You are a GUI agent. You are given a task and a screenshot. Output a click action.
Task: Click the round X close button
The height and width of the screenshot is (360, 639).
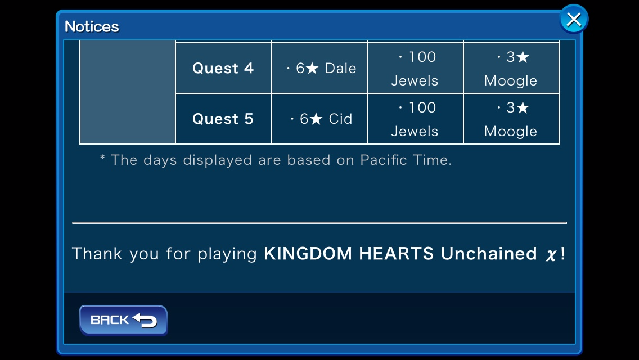tap(574, 19)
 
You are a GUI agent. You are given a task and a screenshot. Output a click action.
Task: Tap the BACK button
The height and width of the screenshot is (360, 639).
tap(124, 320)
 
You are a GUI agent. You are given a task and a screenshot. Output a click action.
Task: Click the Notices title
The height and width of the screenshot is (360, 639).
tap(92, 27)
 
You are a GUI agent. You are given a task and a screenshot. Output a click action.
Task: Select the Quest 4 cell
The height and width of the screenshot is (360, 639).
tap(223, 68)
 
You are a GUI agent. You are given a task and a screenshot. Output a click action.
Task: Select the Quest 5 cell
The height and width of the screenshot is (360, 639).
tap(223, 119)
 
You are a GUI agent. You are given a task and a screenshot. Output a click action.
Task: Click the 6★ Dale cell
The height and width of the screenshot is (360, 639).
tap(319, 68)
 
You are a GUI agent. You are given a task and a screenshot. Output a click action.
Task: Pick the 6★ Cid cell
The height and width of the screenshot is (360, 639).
tap(319, 119)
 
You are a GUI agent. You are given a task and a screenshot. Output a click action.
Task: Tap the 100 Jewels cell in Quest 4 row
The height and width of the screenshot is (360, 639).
tap(415, 68)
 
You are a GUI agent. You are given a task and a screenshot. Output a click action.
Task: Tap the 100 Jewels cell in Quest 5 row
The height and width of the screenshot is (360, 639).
tap(415, 119)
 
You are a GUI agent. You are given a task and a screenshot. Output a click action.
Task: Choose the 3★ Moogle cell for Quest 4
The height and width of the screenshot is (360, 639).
tap(511, 68)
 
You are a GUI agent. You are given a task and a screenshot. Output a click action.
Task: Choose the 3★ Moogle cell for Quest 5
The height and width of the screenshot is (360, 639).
tap(511, 119)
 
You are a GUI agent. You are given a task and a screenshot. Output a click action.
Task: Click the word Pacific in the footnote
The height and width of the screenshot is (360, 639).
tap(384, 160)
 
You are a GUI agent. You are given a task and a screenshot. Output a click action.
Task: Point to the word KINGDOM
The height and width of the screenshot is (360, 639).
tap(308, 254)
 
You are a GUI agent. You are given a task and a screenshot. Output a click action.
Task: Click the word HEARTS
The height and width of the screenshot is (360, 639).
tap(396, 254)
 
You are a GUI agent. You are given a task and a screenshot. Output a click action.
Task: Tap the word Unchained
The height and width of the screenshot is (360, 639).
tap(489, 254)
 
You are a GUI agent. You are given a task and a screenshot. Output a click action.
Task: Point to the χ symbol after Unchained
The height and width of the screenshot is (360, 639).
tap(551, 255)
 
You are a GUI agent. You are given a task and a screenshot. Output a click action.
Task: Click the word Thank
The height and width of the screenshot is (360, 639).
tap(97, 254)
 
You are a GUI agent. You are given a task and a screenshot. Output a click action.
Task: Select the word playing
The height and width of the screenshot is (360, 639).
tap(227, 254)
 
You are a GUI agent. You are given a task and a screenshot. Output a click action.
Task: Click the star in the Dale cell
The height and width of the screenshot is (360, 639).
tap(312, 68)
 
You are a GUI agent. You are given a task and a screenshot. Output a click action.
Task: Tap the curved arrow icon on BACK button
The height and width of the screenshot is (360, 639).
tap(145, 321)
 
